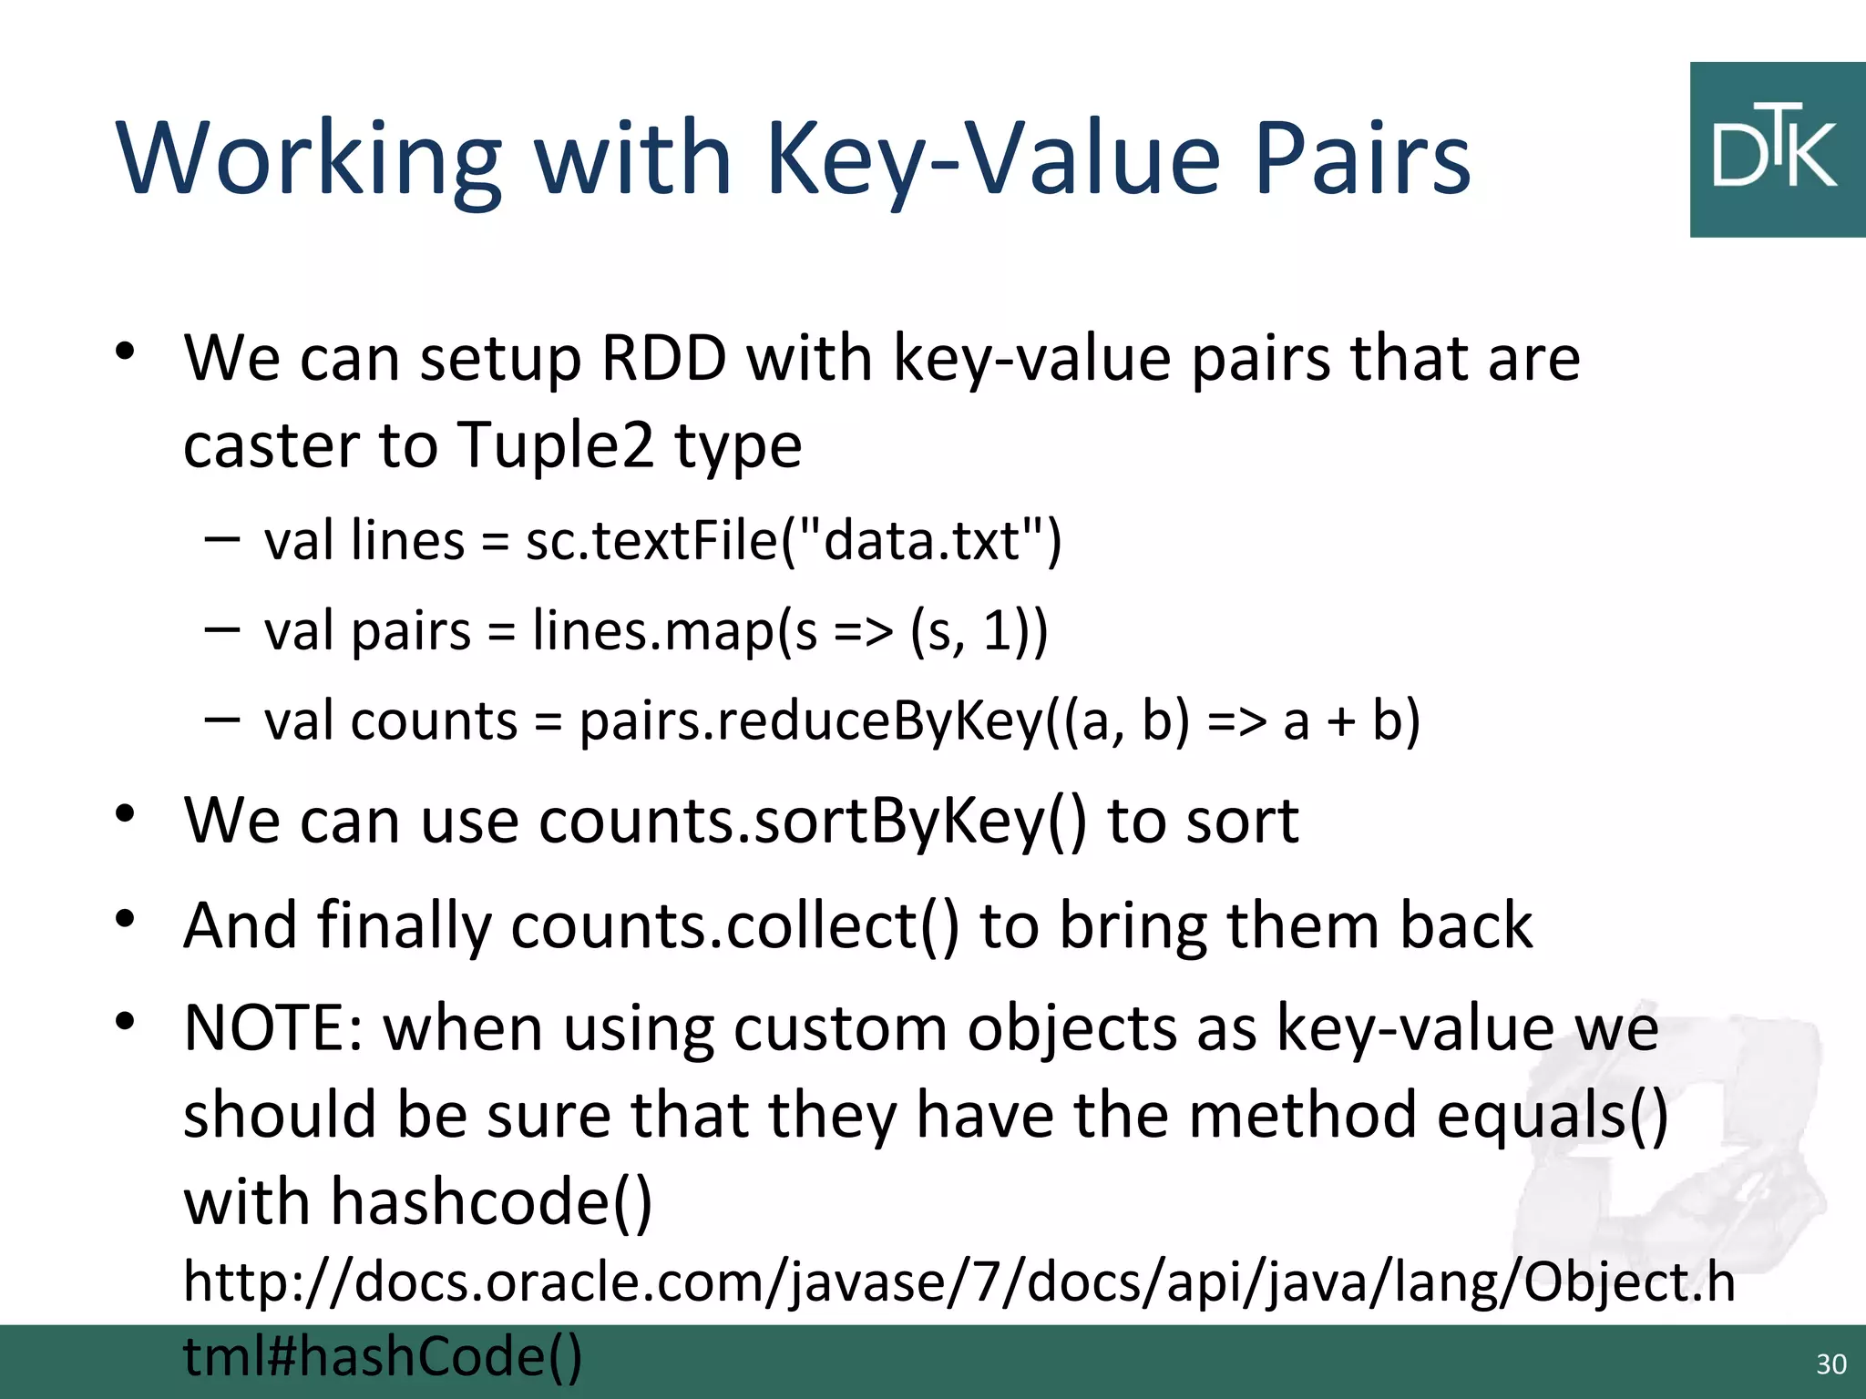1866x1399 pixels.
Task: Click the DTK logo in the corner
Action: tap(1777, 150)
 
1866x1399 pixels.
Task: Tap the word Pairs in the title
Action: tap(1363, 159)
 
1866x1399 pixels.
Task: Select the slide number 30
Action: tap(1830, 1363)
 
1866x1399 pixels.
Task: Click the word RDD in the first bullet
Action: tap(664, 358)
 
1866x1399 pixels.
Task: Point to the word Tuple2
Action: tap(555, 445)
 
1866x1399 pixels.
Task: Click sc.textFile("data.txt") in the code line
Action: tap(794, 541)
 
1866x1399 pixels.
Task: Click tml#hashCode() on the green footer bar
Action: tap(383, 1357)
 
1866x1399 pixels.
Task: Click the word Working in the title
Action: tap(310, 159)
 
